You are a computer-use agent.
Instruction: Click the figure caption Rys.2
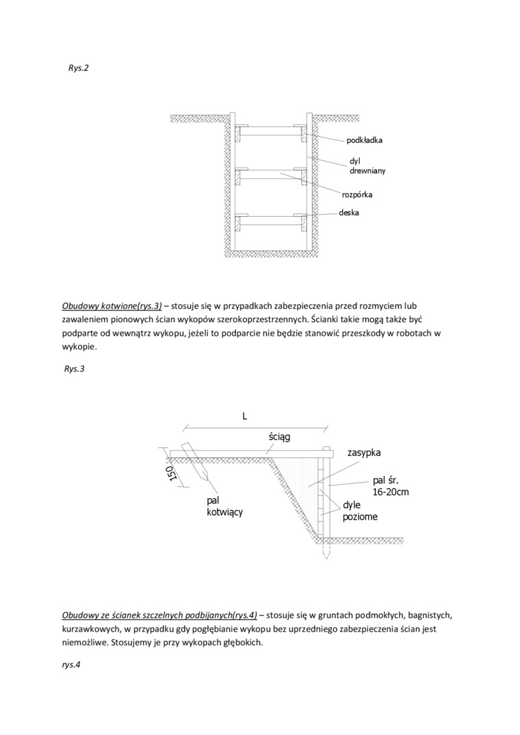(79, 69)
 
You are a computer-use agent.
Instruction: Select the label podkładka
(365, 140)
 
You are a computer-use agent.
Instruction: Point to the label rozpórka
(357, 195)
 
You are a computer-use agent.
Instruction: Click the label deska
(349, 213)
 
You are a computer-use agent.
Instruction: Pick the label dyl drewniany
(367, 166)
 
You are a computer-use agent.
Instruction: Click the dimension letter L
(244, 416)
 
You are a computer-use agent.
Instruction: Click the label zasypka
(364, 453)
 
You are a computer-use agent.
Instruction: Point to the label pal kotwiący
(224, 506)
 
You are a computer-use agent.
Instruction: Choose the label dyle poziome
(360, 511)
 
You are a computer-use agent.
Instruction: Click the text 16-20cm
(391, 492)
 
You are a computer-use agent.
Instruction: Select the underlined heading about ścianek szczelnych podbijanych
(159, 615)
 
